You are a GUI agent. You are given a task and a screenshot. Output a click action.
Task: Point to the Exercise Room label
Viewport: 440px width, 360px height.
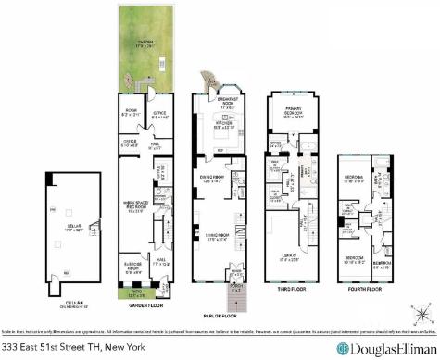coord(132,271)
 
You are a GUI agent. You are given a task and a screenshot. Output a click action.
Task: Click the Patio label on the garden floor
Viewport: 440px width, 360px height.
coord(133,294)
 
